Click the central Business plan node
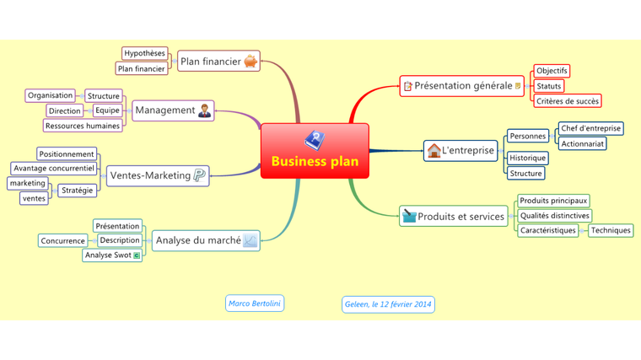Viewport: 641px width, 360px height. coord(315,151)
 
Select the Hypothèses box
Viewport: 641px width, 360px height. coord(144,53)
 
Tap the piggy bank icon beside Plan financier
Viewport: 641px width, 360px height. coord(250,61)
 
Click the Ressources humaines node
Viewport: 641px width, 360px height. coord(83,126)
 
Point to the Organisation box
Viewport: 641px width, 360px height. coord(50,95)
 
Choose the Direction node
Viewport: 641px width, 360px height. coord(65,110)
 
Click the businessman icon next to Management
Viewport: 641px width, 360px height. coord(205,110)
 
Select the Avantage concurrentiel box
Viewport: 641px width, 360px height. coord(54,168)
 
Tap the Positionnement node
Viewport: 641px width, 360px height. coord(67,153)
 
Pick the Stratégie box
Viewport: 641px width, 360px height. coord(77,190)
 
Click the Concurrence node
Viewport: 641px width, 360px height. coord(62,240)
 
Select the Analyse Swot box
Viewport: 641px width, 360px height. coord(112,255)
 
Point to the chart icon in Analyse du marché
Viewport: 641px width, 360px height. coord(250,240)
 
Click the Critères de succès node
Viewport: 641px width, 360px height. coord(567,101)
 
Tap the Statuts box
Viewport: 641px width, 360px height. coord(548,86)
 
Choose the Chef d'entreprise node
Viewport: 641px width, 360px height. coord(590,128)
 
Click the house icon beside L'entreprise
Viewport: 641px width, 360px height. coord(434,151)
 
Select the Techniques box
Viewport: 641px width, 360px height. coord(611,230)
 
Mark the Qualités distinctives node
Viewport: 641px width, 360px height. coord(554,216)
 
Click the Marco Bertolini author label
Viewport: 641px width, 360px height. coord(255,304)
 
